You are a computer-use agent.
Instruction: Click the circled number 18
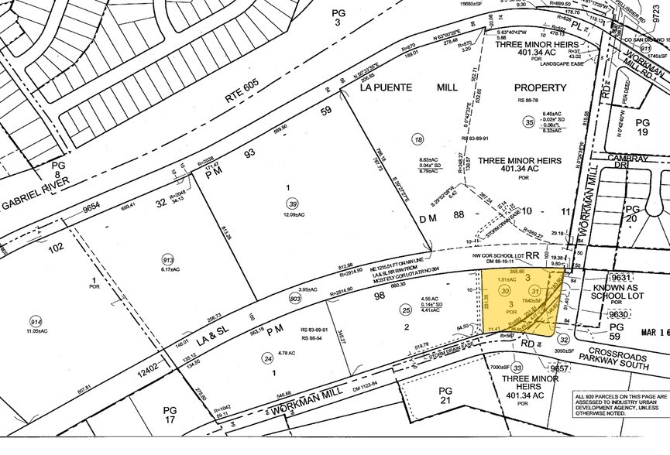pos(418,140)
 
